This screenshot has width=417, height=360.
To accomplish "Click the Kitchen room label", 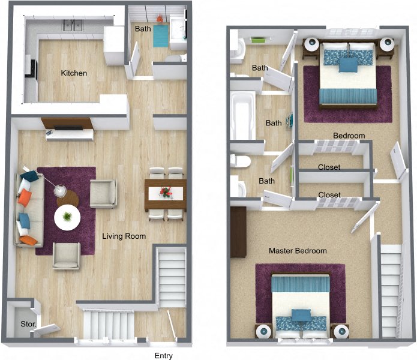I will [74, 73].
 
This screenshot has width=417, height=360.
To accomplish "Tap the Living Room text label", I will [124, 236].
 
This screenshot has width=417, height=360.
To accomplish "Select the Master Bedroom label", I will [298, 251].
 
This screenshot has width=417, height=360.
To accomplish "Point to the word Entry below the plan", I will [164, 356].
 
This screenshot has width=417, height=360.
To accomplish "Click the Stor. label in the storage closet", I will [28, 324].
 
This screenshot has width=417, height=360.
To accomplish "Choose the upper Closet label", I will [329, 167].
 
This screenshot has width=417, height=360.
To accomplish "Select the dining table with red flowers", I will [165, 193].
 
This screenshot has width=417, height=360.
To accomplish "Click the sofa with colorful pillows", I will [28, 208].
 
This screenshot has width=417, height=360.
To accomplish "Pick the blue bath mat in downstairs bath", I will [161, 35].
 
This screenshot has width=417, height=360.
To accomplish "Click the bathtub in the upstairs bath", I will [242, 115].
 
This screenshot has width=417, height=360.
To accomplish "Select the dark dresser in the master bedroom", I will [238, 232].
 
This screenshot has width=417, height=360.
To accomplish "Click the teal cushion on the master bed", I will [301, 314].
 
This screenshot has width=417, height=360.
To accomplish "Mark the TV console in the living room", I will [68, 129].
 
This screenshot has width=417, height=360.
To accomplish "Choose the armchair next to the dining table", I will [104, 193].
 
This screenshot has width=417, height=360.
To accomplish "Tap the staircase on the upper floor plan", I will [390, 288].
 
